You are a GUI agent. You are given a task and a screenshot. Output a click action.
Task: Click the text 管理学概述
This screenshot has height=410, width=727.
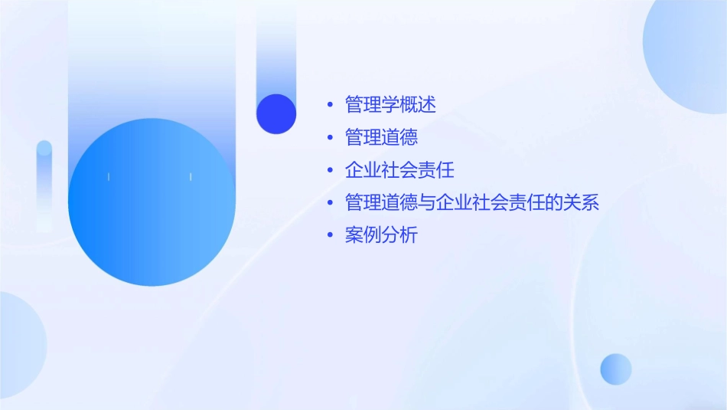[390, 103]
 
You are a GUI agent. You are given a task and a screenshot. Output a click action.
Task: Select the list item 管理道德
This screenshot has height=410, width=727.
[381, 137]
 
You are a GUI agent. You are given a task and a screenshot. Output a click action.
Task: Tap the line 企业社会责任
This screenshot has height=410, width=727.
[399, 169]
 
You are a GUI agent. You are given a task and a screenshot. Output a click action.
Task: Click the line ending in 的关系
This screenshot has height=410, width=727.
[471, 202]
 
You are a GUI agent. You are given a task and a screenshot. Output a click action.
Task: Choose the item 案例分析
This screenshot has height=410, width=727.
[381, 235]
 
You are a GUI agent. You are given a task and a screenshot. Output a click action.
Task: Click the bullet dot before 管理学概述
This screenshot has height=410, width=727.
[330, 104]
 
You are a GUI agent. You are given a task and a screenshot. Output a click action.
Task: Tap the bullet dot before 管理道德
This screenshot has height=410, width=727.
[330, 138]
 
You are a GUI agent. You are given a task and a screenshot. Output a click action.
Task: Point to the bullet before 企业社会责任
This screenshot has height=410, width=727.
[330, 170]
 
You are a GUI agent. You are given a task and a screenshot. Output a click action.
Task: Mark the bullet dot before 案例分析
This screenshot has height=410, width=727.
[330, 236]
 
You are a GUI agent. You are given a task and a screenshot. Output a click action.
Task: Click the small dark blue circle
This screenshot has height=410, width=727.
[275, 113]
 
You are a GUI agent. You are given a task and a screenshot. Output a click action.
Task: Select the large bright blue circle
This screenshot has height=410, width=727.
[152, 202]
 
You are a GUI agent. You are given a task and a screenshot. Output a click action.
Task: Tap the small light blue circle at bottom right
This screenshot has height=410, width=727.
[616, 369]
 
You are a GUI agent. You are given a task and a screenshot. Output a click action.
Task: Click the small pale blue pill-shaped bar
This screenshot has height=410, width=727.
[44, 184]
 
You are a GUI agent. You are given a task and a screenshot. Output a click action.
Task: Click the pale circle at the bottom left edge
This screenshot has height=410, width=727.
[19, 345]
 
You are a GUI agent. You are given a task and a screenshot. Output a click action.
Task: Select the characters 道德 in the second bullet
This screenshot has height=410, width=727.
[399, 137]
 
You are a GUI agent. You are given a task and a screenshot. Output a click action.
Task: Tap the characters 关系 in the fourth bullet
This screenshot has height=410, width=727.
[581, 202]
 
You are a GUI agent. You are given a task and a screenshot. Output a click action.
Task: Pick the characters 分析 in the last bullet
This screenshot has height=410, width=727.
[399, 235]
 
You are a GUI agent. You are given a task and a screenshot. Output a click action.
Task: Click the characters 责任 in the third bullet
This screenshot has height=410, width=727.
[436, 169]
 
